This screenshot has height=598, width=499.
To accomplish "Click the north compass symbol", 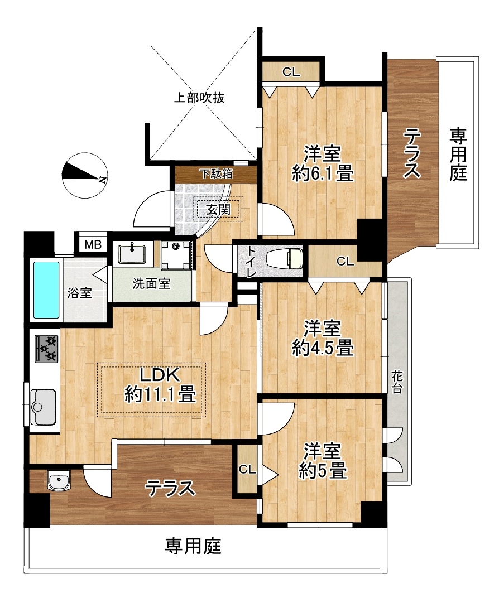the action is click(x=84, y=175).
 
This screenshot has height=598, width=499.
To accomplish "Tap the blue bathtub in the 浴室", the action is click(x=46, y=290).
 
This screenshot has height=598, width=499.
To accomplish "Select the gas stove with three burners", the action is click(x=46, y=349).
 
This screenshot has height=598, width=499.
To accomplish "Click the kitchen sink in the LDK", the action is click(x=43, y=407).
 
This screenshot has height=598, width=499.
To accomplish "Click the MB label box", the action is click(x=93, y=244).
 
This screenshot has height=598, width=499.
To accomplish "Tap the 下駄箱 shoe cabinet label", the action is click(x=217, y=174).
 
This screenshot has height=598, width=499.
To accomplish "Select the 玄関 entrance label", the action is click(x=219, y=209).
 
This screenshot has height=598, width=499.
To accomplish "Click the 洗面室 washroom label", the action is click(x=151, y=284).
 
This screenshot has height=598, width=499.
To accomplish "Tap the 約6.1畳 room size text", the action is click(x=323, y=174).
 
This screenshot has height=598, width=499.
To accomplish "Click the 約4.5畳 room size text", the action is click(x=323, y=348).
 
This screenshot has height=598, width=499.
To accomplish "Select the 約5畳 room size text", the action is click(x=323, y=470).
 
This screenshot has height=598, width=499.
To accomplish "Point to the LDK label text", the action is click(x=160, y=375).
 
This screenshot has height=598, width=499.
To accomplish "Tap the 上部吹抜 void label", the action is click(x=199, y=98).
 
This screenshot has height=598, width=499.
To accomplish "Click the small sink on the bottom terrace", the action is click(x=59, y=480).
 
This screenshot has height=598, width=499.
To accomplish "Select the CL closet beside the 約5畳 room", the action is click(x=247, y=470).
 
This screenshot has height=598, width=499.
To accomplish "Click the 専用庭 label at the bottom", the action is click(x=193, y=546).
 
